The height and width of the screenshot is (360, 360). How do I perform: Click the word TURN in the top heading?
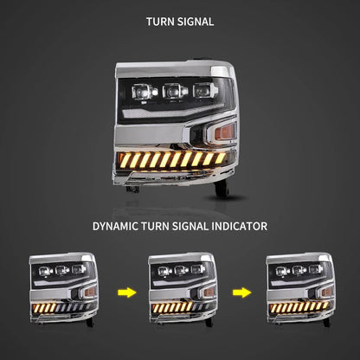click(158, 22)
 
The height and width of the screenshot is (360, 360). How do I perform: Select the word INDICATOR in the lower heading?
click(239, 226)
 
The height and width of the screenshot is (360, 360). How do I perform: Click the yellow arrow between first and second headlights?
click(127, 292)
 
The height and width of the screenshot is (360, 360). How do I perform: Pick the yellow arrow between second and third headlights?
click(241, 292)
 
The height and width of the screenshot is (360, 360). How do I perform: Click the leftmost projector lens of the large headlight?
click(142, 92)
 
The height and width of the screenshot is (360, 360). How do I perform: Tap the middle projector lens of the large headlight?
click(173, 91)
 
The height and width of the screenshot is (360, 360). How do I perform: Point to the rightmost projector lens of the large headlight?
click(202, 90)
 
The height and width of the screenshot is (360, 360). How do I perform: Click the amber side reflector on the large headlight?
click(225, 132)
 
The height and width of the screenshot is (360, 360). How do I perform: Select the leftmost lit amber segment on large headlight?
click(125, 161)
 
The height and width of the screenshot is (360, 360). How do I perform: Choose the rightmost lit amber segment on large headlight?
click(221, 157)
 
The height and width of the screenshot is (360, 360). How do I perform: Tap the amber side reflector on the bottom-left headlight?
click(90, 292)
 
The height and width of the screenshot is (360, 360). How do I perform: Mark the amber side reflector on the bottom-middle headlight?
click(209, 292)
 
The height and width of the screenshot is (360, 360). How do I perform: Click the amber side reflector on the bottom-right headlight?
click(327, 292)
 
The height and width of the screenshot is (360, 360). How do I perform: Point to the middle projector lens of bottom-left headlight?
click(61, 270)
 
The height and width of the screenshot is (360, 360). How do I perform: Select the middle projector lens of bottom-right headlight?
click(299, 270)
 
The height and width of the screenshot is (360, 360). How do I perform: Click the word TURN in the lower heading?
click(155, 226)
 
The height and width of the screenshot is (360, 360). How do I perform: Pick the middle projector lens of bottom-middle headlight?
click(180, 270)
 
